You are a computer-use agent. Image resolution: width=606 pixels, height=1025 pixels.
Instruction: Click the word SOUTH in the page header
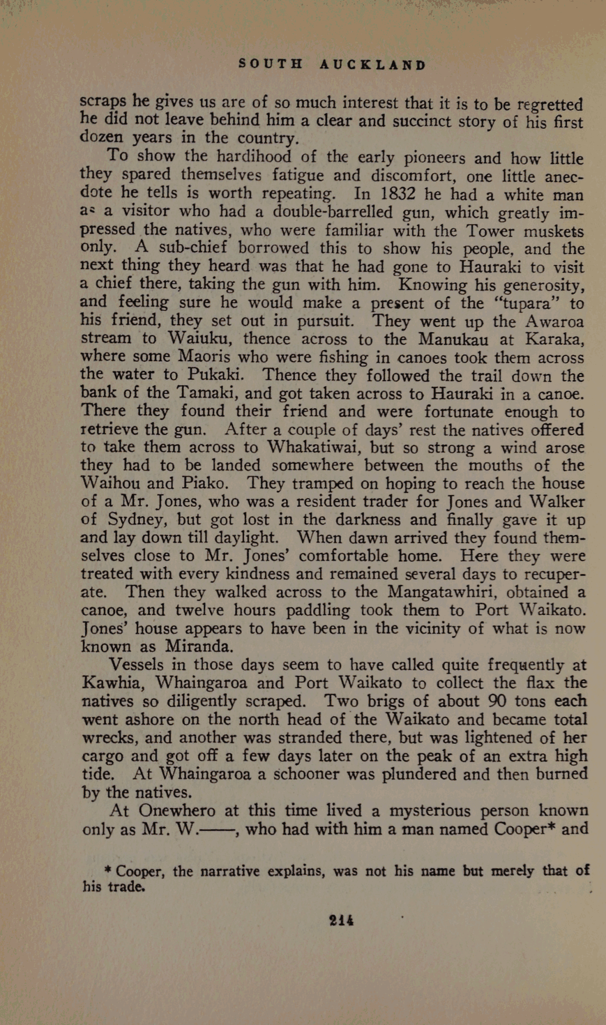point(270,65)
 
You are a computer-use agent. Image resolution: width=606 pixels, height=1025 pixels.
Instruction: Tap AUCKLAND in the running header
point(373,65)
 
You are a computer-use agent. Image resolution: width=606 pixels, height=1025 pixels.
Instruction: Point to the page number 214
point(342,921)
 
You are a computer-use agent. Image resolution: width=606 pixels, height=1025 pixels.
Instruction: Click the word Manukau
point(453,339)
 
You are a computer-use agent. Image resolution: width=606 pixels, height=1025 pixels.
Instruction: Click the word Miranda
point(199,647)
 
